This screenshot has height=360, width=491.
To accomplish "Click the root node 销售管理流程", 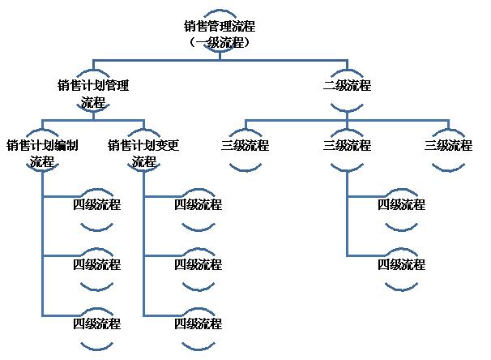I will pos(220,26).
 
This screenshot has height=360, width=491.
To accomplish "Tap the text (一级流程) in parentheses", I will pos(220,42).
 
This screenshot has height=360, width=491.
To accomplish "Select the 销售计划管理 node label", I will pos(93,85).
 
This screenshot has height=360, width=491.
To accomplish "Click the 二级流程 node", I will pos(347,85).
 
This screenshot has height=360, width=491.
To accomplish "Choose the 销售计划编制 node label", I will pos(42,146).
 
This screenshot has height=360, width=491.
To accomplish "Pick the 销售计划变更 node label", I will pos(143,146).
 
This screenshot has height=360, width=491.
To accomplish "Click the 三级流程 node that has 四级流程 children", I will pos(347,146).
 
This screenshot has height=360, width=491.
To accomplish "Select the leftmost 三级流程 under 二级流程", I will pos(245,146).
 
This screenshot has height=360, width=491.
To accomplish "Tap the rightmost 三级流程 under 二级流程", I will pos(448,146).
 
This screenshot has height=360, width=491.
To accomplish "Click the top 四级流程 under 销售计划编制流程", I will pos(96,205).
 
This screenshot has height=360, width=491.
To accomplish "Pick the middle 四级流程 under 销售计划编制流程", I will pos(96,264).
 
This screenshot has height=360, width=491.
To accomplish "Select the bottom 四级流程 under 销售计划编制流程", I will pos(96,324).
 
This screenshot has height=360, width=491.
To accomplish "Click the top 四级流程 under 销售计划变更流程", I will pos(198,205).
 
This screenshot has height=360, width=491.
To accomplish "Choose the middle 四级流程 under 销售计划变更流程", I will pos(198,264).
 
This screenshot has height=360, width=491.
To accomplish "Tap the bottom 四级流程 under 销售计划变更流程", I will pos(198,324).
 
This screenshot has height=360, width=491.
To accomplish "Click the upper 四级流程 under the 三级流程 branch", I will pos(401,205).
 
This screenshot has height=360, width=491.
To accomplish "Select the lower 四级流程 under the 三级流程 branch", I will pos(401,264).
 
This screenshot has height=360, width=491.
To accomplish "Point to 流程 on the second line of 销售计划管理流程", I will pos(93,102).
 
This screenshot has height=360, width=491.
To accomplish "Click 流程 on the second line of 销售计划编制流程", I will pos(42,162).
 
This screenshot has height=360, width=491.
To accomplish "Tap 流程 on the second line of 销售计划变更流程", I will pos(143,162).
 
